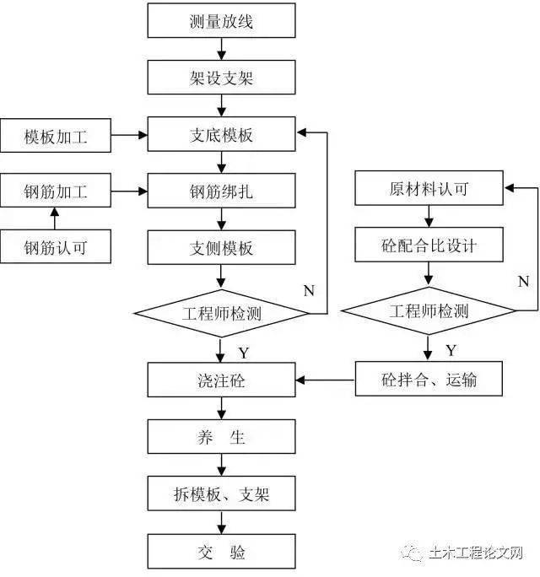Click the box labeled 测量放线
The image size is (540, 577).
click(222, 21)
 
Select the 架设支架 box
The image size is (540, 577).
click(222, 78)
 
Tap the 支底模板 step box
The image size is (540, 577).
click(222, 135)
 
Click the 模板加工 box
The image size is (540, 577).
click(56, 135)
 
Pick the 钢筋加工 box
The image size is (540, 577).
click(56, 191)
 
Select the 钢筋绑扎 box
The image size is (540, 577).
click(222, 191)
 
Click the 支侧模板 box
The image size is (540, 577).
click(222, 248)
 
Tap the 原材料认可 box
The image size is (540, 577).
click(429, 188)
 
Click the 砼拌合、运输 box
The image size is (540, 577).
click(429, 379)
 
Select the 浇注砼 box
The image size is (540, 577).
click(222, 380)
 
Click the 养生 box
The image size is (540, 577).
click(222, 437)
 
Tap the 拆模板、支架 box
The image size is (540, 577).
click(222, 494)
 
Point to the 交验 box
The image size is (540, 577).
click(222, 552)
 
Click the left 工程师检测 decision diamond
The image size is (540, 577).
click(222, 313)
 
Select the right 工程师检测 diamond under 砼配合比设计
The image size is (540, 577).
click(429, 311)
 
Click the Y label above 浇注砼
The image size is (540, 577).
click(243, 351)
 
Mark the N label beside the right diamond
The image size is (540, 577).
click(522, 280)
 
